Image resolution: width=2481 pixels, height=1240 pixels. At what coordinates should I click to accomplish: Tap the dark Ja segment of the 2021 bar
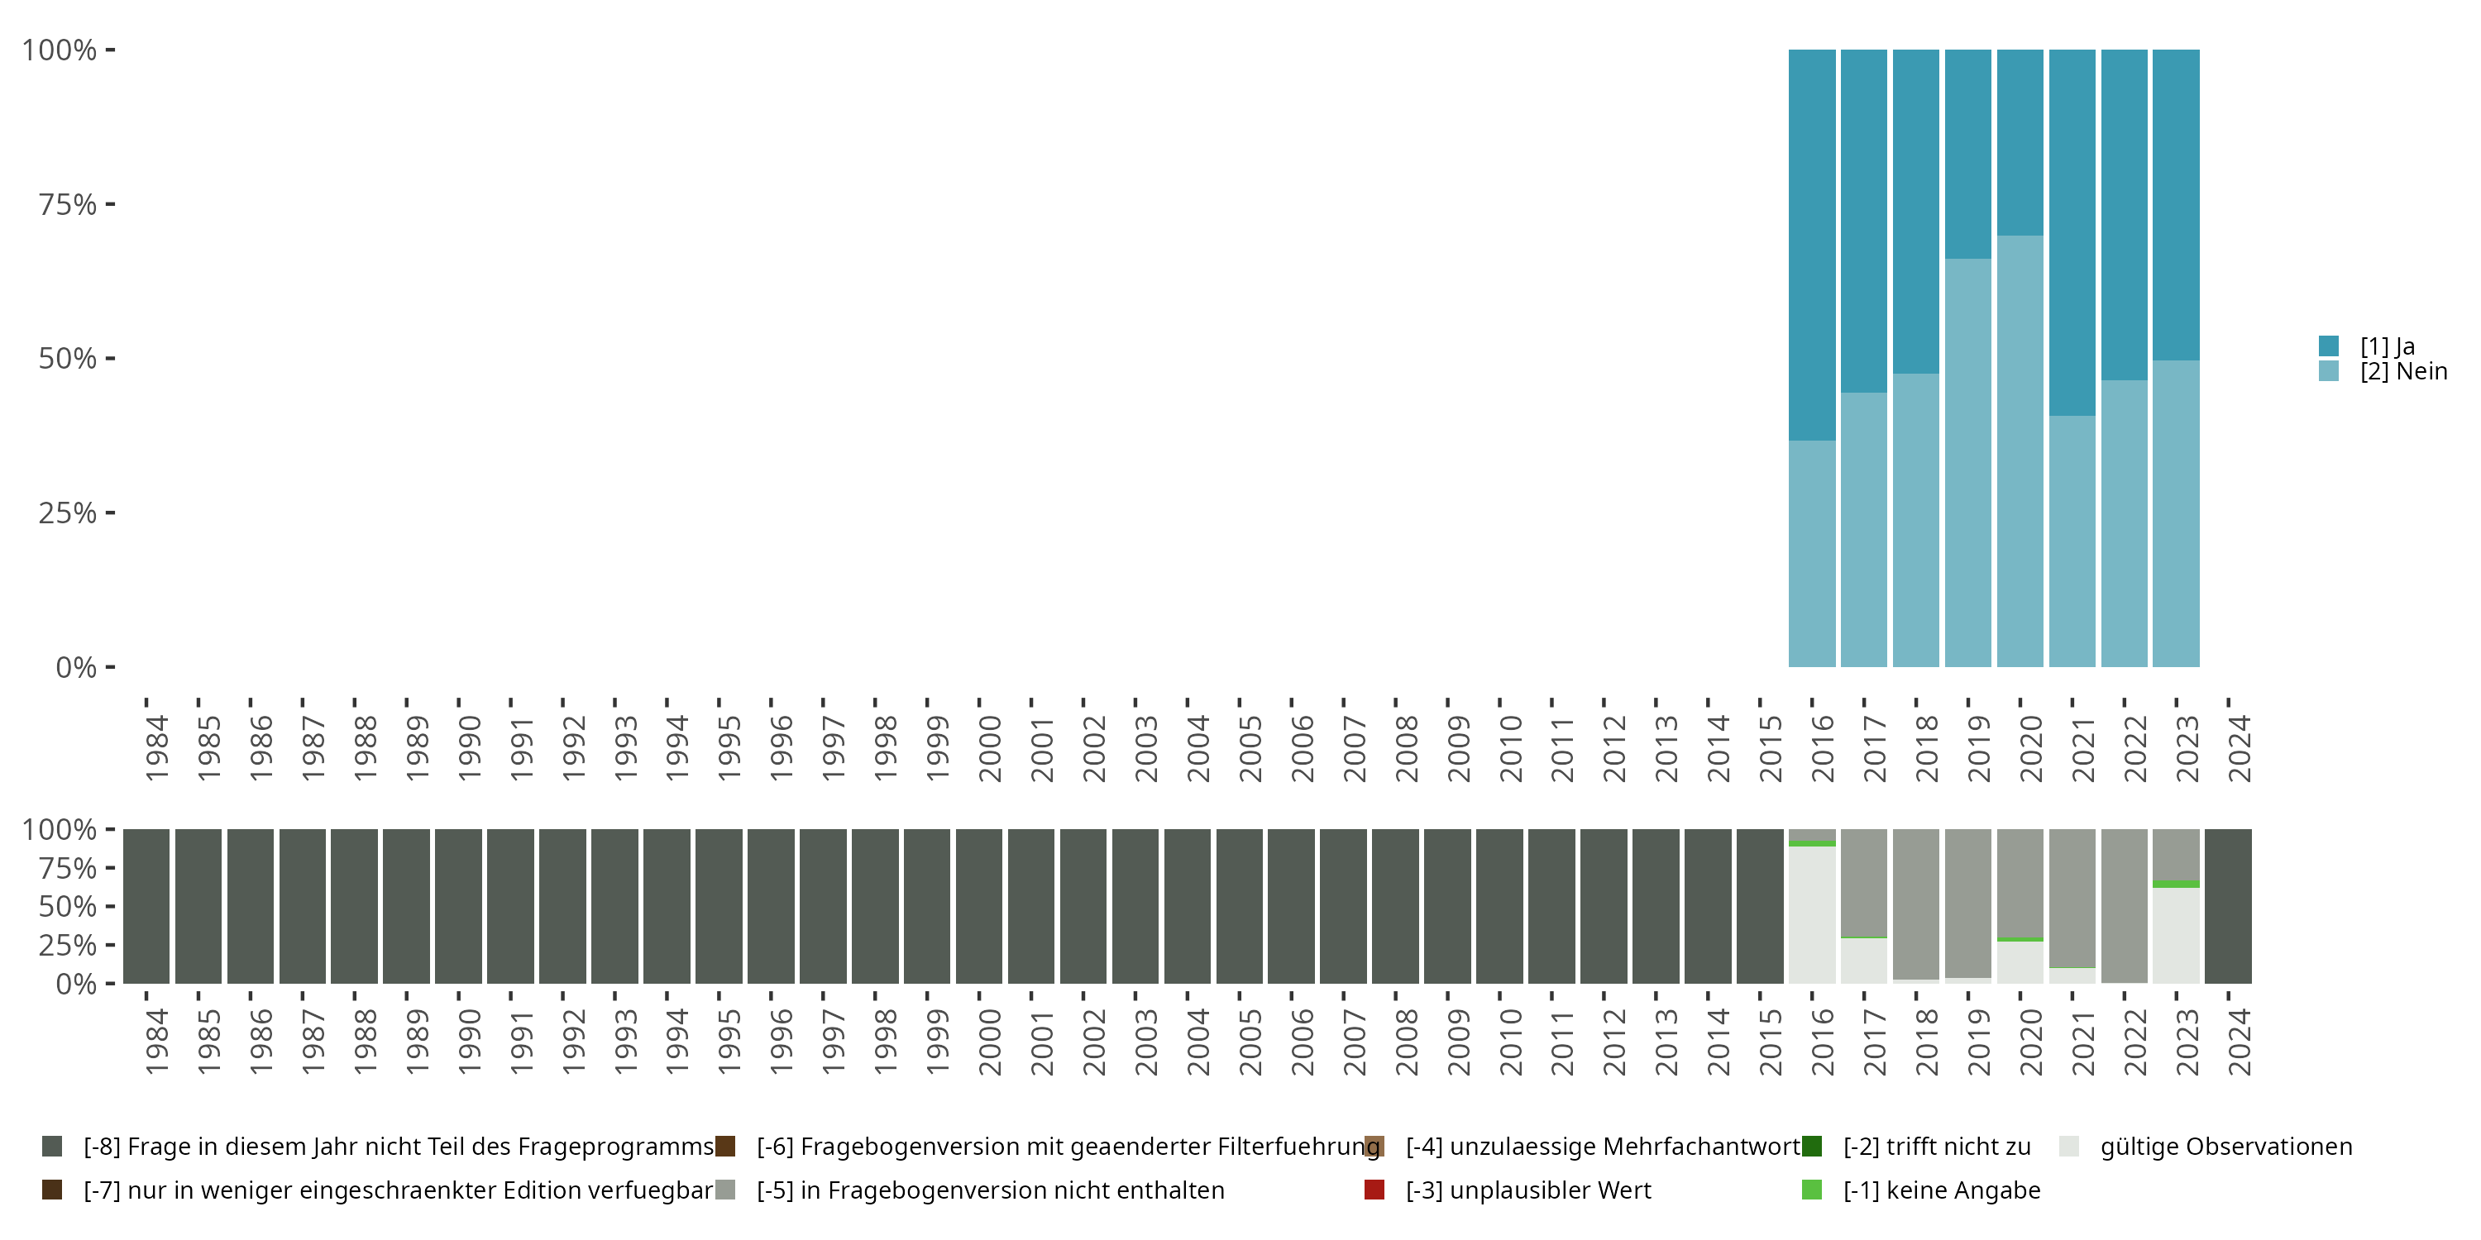click(2072, 232)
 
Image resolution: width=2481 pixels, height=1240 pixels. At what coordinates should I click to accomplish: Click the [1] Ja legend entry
click(2387, 346)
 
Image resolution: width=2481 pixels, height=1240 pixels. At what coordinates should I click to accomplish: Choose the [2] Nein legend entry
click(2402, 372)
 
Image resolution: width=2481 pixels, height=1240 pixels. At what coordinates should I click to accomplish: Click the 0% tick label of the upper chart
click(76, 667)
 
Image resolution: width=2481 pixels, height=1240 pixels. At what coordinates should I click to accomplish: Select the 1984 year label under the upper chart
click(156, 749)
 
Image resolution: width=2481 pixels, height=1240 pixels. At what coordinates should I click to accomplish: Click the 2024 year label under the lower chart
click(2240, 1042)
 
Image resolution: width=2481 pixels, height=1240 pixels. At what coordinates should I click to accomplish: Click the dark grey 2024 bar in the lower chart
click(2228, 906)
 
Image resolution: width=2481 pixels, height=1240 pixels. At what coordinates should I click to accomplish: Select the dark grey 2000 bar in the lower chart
click(978, 906)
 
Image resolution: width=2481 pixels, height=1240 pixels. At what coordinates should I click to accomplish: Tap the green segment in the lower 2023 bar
click(2176, 884)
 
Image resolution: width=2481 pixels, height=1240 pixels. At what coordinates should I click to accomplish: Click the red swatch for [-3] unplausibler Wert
click(1374, 1190)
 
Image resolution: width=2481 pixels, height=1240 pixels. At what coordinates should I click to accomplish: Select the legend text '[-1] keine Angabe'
click(1941, 1190)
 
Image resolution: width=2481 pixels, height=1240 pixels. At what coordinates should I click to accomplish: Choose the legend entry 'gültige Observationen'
click(2225, 1147)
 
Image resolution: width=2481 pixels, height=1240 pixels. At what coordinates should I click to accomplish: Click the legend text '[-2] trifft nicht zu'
click(1936, 1147)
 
